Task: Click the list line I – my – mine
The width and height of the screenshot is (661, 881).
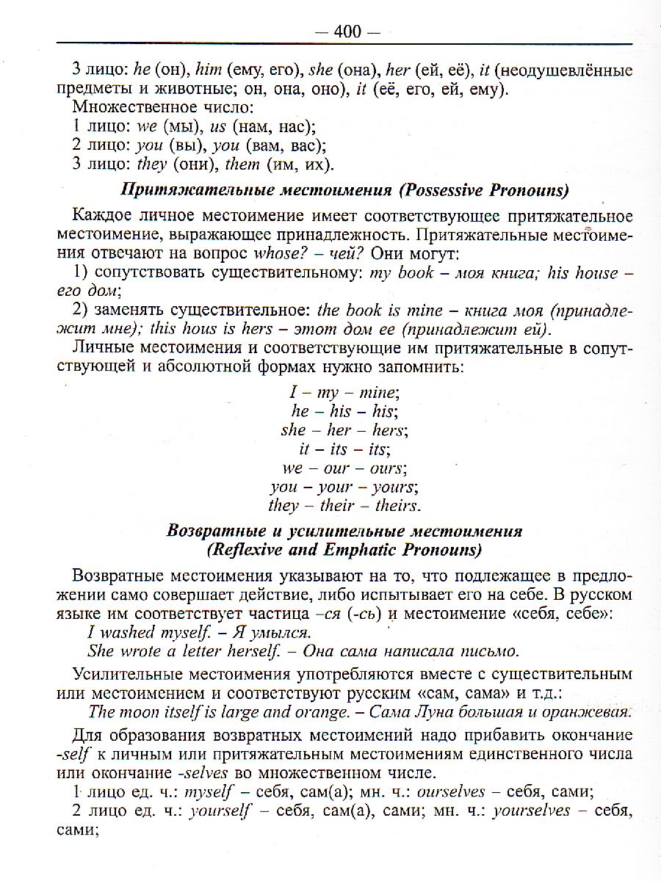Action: [x=344, y=392]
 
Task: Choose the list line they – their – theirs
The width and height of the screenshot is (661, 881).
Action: [x=344, y=506]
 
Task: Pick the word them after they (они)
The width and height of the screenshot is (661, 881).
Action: [x=242, y=164]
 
